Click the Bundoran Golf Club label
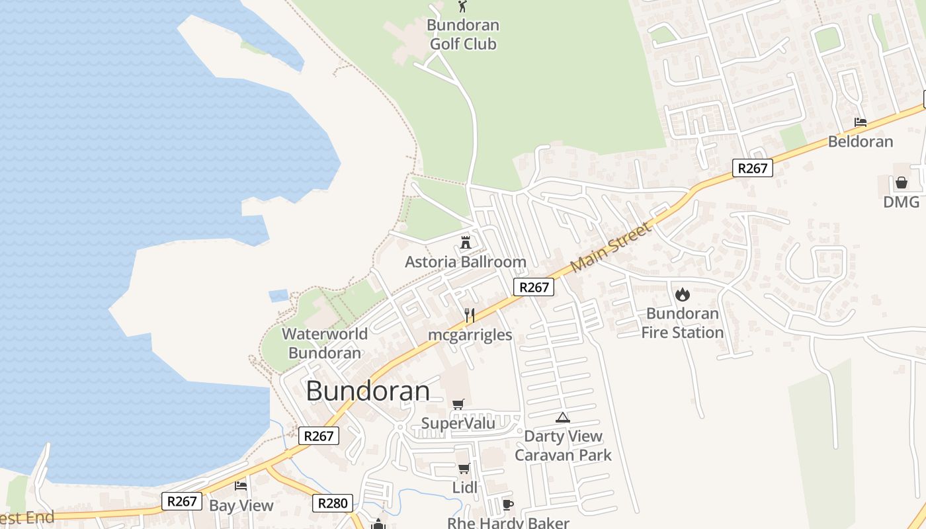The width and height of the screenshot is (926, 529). pos(462,35)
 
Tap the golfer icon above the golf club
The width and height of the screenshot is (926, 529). pos(462,7)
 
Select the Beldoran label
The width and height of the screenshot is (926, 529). pos(861,142)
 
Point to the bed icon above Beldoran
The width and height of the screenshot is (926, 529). pos(860,122)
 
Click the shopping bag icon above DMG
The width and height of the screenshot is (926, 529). pos(901,183)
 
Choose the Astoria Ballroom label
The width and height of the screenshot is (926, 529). pos(466,262)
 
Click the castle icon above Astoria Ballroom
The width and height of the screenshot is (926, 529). pos(466,242)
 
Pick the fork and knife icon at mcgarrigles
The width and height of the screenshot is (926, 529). pos(470,315)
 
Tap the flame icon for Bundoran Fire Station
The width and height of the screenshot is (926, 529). pos(682,294)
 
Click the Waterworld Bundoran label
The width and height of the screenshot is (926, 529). pos(325,343)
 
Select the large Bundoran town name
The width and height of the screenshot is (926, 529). pos(368,391)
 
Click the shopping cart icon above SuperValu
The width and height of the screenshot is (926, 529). pos(458,404)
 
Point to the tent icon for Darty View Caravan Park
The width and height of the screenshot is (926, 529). pos(562,417)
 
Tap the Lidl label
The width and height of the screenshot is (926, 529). pos(464,488)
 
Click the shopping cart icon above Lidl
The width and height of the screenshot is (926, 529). pos(464,469)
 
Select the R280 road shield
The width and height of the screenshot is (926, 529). pos(332,503)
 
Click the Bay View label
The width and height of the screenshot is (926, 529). pos(241,506)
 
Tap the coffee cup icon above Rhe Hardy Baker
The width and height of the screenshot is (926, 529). pos(507,505)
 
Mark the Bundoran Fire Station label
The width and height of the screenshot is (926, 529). pos(682,323)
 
